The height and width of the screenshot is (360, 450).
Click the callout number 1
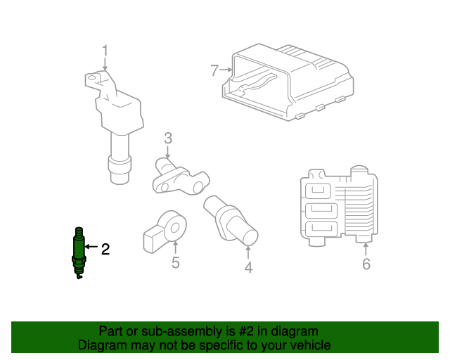pos(105,51)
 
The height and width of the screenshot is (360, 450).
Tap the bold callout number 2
pos(105,249)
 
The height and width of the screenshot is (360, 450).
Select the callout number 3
pos(168,138)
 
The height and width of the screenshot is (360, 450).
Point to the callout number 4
pos(248,268)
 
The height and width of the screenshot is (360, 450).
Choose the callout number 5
pos(176,263)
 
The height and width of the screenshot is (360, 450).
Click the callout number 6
pos(366,264)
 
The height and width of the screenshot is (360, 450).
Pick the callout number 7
pos(214,70)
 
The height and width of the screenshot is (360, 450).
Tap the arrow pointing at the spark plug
pos(91,247)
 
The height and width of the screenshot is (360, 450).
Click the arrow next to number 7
pos(226,70)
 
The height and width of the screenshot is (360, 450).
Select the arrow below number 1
pos(105,64)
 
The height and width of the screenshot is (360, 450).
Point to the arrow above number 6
pos(366,249)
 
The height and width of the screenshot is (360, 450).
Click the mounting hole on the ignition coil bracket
pos(91,78)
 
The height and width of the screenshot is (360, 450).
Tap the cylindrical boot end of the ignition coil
pos(120,170)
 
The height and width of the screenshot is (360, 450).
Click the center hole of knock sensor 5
pos(174,229)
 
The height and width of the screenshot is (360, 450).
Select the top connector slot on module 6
pos(319,191)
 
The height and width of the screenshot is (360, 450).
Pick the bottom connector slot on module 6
pos(321,229)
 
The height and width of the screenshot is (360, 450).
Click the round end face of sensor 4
pos(250,238)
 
